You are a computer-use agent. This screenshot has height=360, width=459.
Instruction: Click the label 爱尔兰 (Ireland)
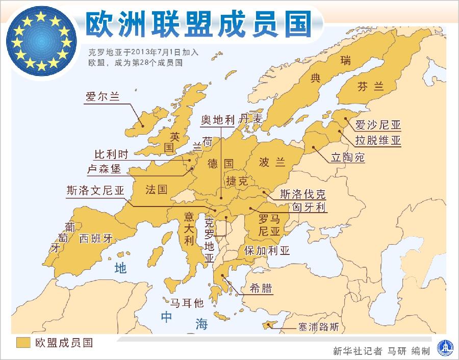click(x=103, y=97)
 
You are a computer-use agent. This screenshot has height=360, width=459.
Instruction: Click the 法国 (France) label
click(x=156, y=189)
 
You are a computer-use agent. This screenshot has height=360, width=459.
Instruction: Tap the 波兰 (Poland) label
click(x=272, y=163)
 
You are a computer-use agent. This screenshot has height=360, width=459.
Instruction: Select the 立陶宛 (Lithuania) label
click(x=348, y=158)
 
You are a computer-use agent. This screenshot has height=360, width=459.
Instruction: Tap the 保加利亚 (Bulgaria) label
click(x=267, y=250)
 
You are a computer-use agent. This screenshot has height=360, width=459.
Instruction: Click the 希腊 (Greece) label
click(x=261, y=288)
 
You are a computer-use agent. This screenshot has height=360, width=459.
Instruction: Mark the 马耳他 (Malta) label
click(x=187, y=303)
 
